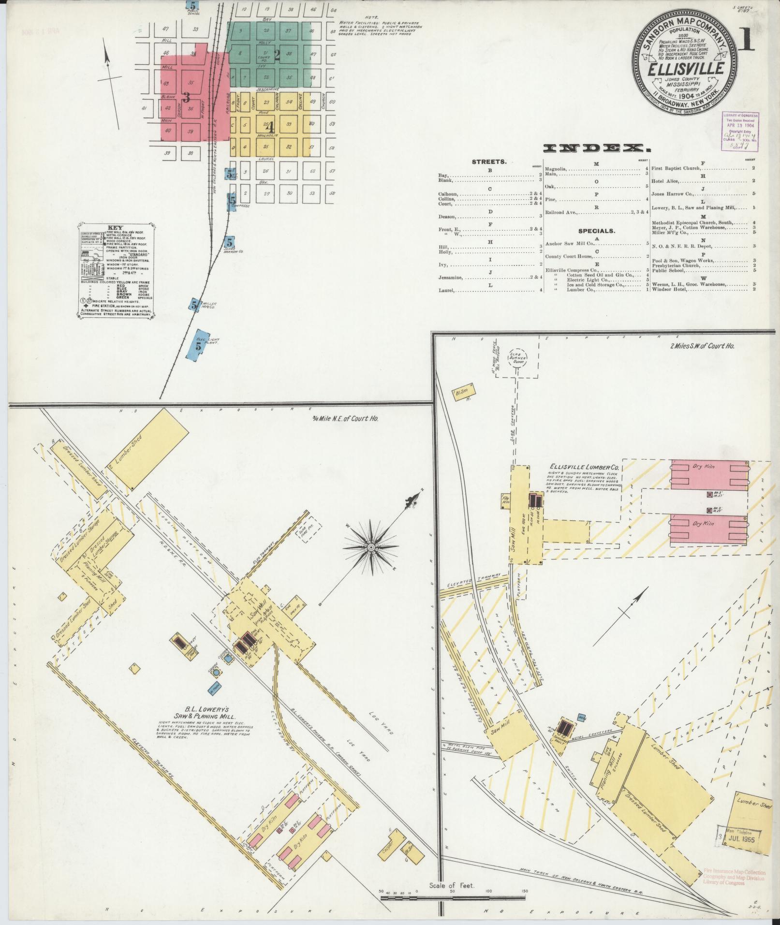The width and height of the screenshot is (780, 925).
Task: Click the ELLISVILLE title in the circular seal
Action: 686,68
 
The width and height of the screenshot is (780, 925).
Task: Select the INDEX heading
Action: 596,148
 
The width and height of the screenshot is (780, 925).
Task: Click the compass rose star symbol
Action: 371,547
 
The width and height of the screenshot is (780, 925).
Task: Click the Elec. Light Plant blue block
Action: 200,345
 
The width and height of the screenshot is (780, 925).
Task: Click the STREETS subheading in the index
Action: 489,162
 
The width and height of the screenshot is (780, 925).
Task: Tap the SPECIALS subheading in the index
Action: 596,231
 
